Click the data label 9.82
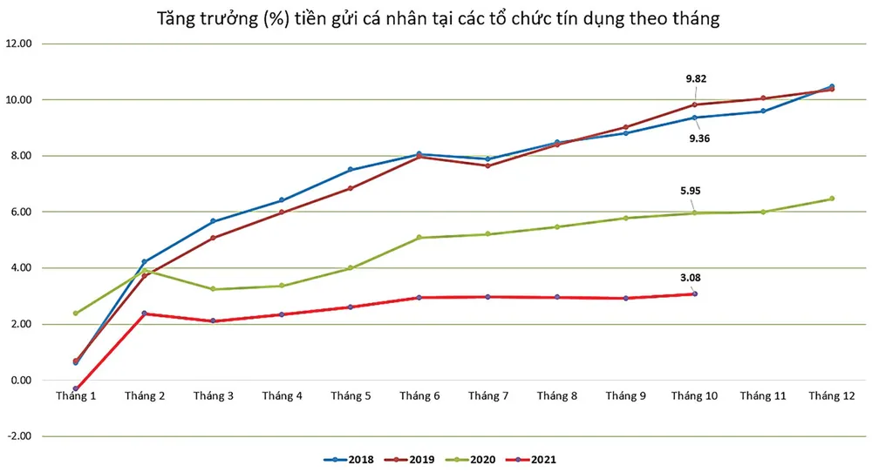(696, 78)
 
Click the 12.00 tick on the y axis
(20, 44)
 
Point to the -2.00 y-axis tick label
(20, 436)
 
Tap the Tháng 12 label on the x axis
(832, 396)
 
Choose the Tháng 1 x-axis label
(76, 396)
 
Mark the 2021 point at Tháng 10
(695, 293)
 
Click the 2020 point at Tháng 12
(832, 199)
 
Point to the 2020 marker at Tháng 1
(76, 314)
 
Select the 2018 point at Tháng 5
(351, 170)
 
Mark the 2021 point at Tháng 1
(76, 388)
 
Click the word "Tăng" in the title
(175, 18)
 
